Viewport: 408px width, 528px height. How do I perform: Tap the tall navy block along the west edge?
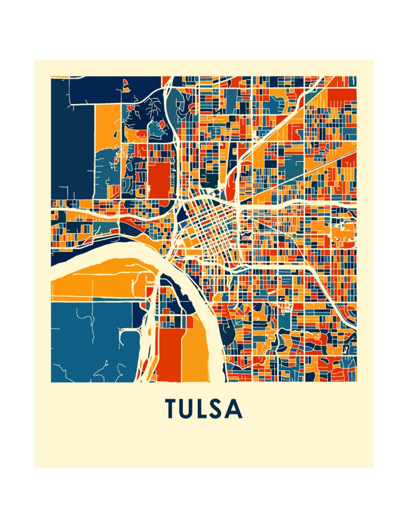coord(72,139)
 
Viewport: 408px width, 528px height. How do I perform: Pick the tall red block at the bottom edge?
coord(170,354)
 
